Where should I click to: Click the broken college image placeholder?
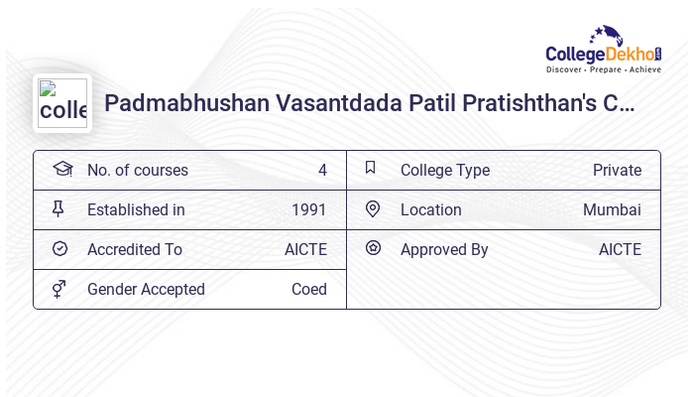coord(62,103)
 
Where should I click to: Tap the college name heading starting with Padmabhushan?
coord(369,103)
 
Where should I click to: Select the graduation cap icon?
coord(61,169)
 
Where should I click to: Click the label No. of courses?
coord(137,170)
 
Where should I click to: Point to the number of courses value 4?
coord(322,170)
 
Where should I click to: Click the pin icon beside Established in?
coord(59,209)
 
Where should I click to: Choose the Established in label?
coord(136,209)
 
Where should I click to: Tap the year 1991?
coord(308,209)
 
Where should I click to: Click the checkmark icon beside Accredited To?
coord(59,249)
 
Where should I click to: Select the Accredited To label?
coord(135,249)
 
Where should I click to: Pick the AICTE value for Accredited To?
coord(305,249)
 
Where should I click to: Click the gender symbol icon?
coord(59,289)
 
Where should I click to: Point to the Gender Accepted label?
coord(146,289)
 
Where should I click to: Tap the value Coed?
coord(308,289)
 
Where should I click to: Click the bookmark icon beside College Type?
coord(371,169)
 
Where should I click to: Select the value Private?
coord(617,170)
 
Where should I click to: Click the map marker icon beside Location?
coord(373,209)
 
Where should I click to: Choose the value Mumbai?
coord(612,209)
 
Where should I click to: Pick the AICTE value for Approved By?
coord(620,249)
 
